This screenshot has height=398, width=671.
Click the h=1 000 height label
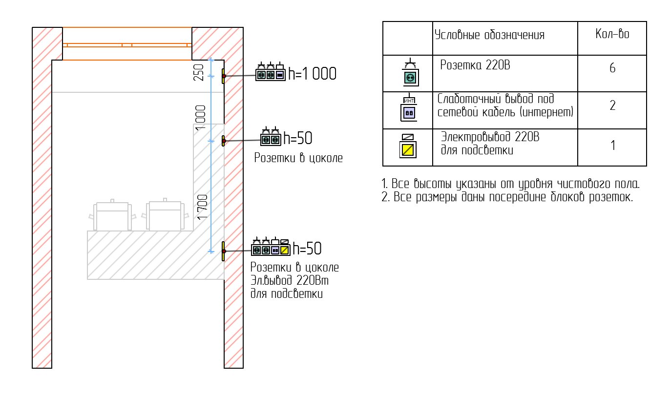coord(312,74)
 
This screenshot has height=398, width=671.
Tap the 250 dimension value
coord(199,72)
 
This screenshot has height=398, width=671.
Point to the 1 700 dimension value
coord(203,207)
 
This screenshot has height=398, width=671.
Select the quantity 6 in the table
coord(612,68)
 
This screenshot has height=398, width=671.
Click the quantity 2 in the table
coord(612,105)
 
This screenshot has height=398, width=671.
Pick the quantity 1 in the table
coord(613,146)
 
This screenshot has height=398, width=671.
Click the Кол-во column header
coord(612,34)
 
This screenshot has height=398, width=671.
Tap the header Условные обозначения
coord(489,35)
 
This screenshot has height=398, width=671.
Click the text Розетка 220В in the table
coord(475,65)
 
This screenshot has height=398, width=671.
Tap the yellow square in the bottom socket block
coord(285,250)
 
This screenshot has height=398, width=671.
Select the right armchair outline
coord(165,214)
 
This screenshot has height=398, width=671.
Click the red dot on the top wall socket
coord(224,76)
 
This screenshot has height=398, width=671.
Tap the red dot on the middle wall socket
coord(224,141)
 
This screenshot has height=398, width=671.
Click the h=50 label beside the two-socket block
coord(298,138)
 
